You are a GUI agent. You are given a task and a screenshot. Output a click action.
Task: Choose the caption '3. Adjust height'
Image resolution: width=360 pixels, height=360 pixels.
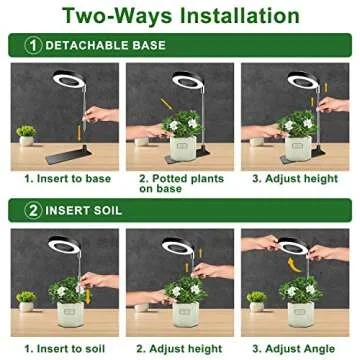coord(294,178)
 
